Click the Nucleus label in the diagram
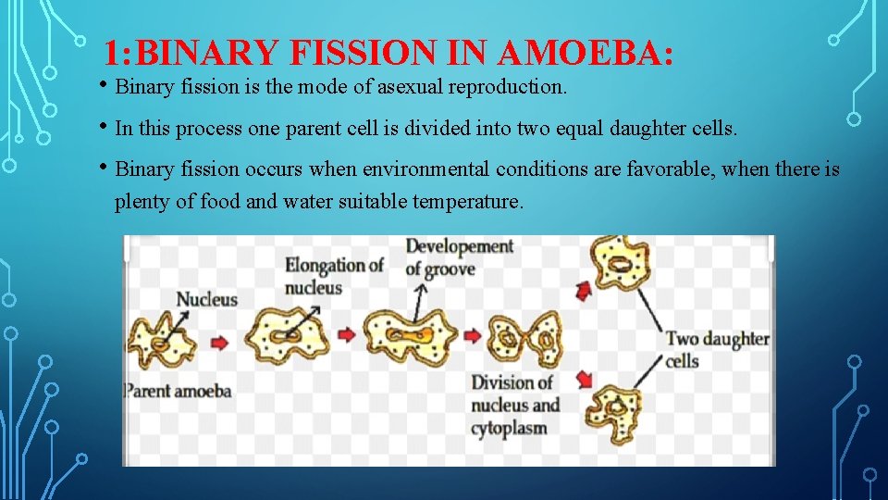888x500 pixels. point(206,299)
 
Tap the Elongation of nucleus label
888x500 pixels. point(334,276)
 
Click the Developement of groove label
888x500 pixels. point(459,257)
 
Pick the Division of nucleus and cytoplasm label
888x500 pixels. point(515,406)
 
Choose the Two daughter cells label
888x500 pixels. point(717,349)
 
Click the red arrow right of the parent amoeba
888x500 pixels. point(219,342)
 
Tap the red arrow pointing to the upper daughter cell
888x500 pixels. point(583,293)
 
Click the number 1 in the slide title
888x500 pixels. point(111,54)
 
